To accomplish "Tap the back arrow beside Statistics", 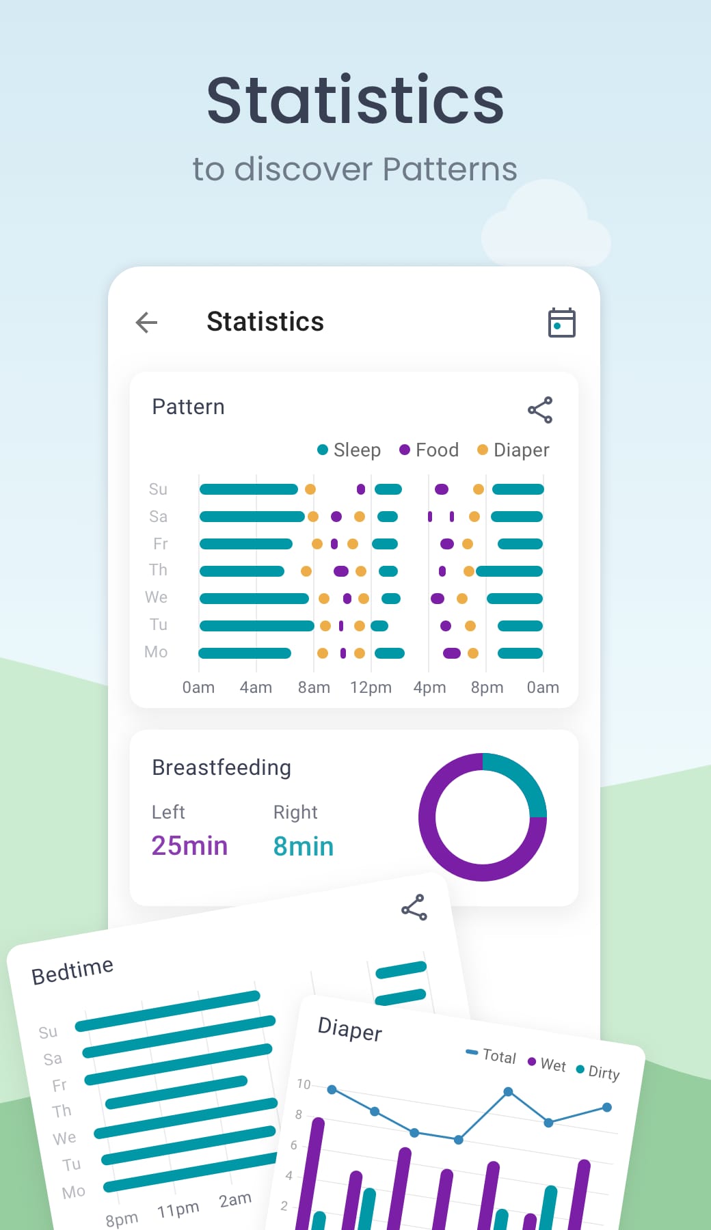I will [x=147, y=323].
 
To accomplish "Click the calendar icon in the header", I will [x=561, y=323].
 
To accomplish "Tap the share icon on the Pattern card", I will [x=540, y=410].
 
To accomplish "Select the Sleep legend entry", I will [x=349, y=450].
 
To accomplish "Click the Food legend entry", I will [x=429, y=450].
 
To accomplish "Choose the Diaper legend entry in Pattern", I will [x=513, y=450].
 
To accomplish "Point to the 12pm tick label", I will [x=371, y=687].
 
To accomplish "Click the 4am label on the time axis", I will [x=256, y=687].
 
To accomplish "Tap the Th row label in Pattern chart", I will [x=158, y=570].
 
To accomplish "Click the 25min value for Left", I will [x=189, y=846].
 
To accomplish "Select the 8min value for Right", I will [x=304, y=847].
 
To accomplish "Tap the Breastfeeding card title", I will [x=222, y=767].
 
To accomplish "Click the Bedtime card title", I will [x=72, y=970].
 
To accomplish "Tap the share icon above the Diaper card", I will [x=414, y=907].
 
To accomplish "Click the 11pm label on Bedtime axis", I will [x=178, y=1209].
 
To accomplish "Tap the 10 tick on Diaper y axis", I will [x=304, y=1084].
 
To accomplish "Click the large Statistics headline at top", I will [x=355, y=100].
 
